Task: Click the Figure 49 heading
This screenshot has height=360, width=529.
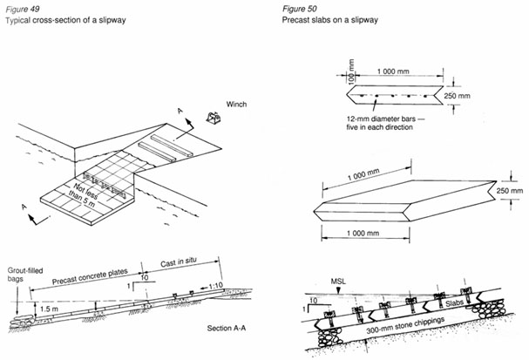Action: pos(23,8)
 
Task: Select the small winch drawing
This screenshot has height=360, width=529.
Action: pos(208,116)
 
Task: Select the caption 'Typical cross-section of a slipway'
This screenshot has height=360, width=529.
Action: pos(65,18)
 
